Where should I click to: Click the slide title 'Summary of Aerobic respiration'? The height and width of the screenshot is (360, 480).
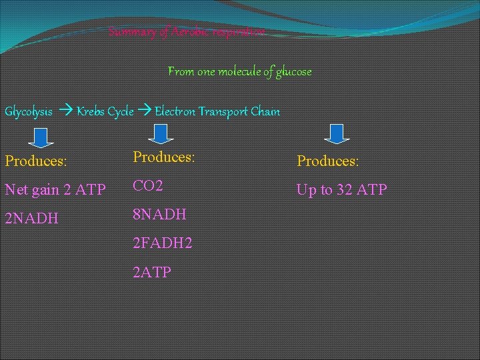(x=187, y=32)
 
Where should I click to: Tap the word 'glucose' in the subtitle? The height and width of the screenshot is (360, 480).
(x=289, y=71)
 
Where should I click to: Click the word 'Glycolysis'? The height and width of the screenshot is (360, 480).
(x=29, y=111)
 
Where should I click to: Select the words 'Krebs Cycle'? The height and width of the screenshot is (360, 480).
(x=105, y=111)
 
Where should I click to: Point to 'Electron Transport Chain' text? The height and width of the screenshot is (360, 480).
(x=217, y=111)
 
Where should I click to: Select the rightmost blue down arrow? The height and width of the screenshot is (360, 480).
(x=337, y=133)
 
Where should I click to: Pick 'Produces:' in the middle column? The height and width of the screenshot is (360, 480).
(x=164, y=157)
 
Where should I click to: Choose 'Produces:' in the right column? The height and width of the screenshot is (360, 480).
(x=327, y=161)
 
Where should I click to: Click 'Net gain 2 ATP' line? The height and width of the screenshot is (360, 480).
(x=55, y=190)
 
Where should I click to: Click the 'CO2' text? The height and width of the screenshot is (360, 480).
(x=148, y=186)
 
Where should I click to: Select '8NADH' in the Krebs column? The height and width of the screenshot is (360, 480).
(x=160, y=215)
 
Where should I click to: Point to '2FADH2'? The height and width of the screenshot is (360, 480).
(x=163, y=243)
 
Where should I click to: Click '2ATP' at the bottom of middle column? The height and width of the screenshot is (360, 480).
(x=153, y=272)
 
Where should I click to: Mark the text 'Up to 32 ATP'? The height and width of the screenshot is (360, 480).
(x=341, y=190)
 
